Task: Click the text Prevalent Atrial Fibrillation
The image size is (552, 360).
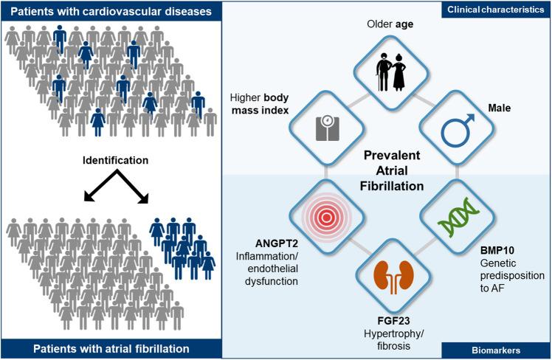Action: [x=388, y=170]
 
